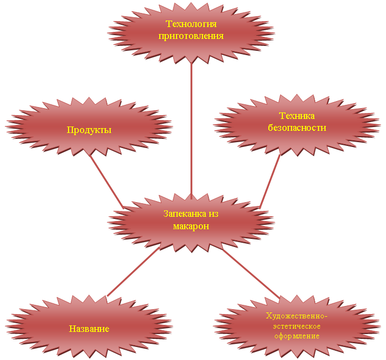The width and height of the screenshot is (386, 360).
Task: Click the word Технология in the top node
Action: tap(191, 24)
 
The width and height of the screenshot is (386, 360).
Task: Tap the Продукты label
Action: tap(89, 130)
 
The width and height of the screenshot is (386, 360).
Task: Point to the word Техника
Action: tap(297, 117)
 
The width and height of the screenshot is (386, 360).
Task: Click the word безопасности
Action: tap(297, 128)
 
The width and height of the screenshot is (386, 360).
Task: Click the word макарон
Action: tap(191, 226)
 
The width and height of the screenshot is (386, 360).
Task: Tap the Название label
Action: tap(89, 329)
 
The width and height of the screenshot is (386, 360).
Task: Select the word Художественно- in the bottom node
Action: tap(297, 316)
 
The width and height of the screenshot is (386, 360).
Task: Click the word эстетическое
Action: tap(297, 326)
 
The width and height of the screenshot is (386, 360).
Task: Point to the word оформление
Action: tap(297, 336)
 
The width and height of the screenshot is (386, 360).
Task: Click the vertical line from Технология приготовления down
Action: tap(191, 130)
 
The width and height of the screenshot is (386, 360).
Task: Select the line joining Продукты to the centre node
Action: tap(106, 181)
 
